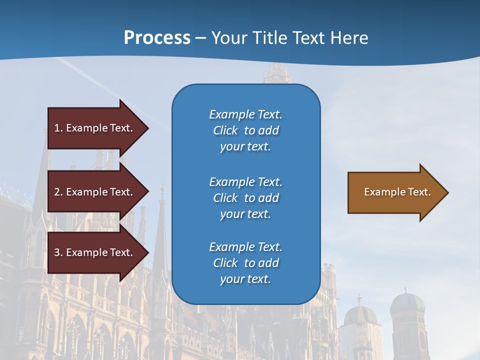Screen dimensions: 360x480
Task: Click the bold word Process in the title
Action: click(157, 38)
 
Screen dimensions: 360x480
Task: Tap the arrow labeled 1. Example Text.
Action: click(95, 128)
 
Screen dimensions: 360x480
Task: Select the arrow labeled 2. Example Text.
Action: click(95, 192)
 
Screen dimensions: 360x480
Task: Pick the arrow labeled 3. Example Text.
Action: click(95, 252)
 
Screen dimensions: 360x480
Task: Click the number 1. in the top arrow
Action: click(58, 128)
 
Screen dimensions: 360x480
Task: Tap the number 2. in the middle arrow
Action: click(58, 192)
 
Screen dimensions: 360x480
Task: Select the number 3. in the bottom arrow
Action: click(58, 252)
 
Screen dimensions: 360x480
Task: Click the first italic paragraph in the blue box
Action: click(245, 130)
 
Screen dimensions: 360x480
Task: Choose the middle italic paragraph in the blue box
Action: click(245, 198)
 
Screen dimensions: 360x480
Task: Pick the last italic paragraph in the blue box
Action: click(245, 263)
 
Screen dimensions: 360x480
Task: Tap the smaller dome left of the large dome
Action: click(360, 315)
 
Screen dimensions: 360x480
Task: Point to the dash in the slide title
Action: click(200, 38)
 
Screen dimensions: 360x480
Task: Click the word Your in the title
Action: click(230, 38)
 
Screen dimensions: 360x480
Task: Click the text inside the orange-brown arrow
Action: click(397, 192)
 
